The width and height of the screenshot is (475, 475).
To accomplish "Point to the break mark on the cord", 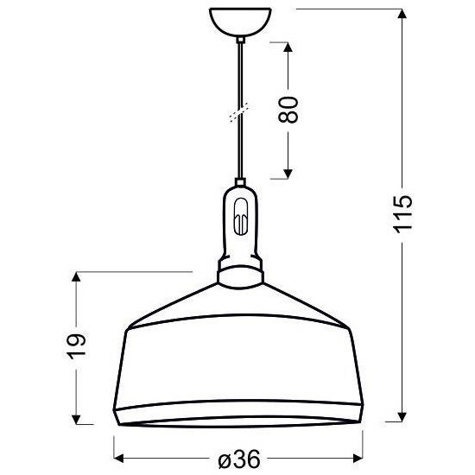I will coord(239,112).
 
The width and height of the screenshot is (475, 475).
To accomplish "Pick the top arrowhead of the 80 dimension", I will coord(288,44).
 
